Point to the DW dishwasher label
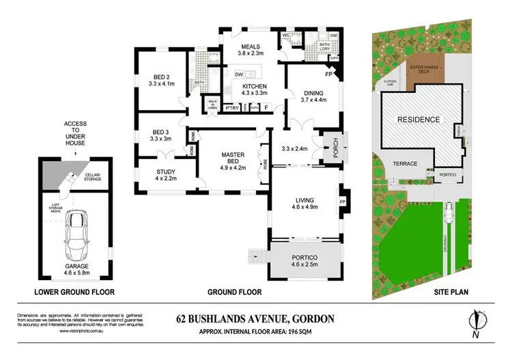pos(239,75)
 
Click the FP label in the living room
pos(342,202)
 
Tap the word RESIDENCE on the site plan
pos(419,119)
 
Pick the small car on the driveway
pos(449,213)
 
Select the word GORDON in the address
pos(313,318)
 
